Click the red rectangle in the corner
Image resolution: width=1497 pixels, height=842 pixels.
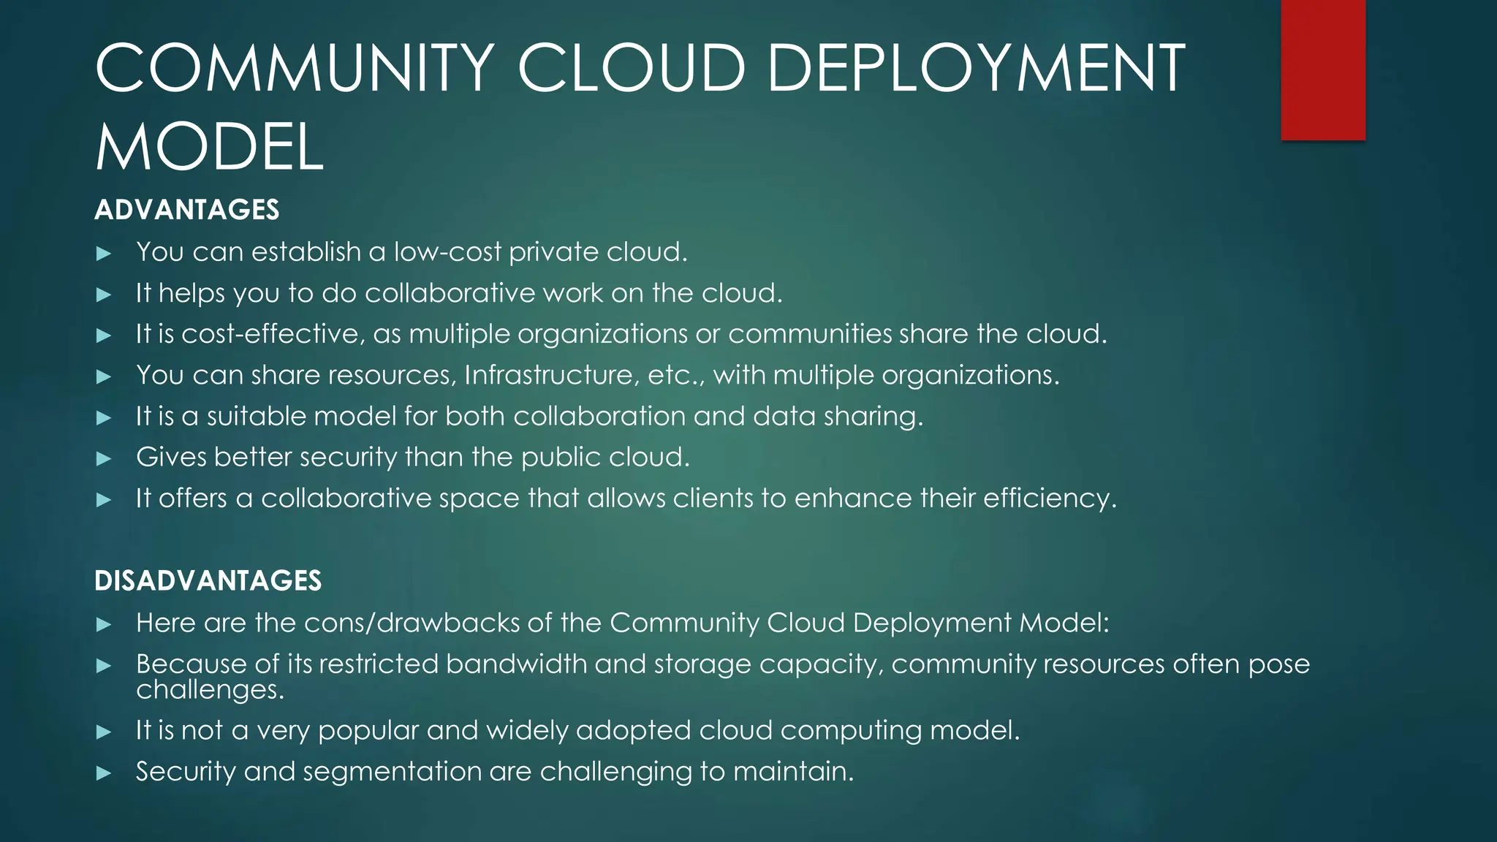(x=1323, y=69)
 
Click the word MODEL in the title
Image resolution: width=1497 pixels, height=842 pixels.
(x=209, y=148)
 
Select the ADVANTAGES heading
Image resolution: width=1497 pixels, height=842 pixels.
(x=187, y=210)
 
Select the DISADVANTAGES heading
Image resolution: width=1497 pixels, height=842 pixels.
(x=208, y=581)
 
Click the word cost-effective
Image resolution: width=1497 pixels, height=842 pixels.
(x=271, y=334)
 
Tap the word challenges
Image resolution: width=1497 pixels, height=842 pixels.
(x=209, y=689)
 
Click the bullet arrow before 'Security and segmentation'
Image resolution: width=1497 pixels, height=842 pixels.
(x=104, y=773)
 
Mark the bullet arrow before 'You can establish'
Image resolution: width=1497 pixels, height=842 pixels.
(x=104, y=254)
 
